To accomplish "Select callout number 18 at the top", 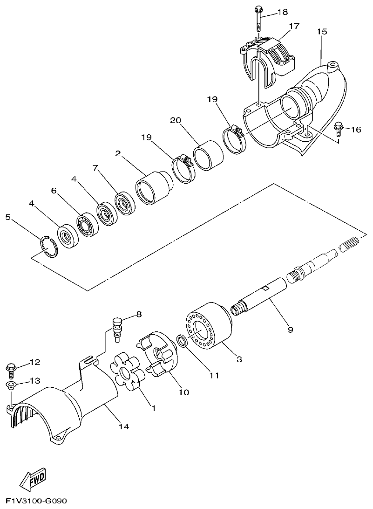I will click(283, 12).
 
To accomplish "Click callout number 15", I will click(322, 32).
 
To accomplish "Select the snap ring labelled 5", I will click(48, 246).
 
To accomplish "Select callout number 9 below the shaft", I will click(290, 330).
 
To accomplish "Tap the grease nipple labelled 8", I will click(117, 327).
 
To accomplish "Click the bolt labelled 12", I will click(11, 369).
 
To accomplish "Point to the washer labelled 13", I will click(11, 385).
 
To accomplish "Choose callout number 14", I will click(123, 426).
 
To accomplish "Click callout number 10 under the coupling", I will click(183, 392).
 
